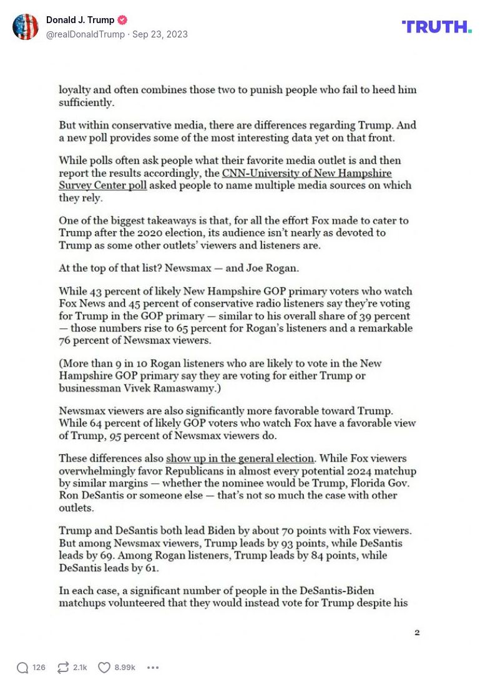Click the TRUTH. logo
(436, 26)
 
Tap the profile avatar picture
(26, 27)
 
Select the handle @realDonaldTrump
(86, 34)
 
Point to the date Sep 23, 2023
(160, 34)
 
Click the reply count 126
(39, 668)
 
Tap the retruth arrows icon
(62, 668)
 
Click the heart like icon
(104, 668)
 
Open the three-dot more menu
(153, 668)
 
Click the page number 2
(417, 633)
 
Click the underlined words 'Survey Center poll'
(103, 185)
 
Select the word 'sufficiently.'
(86, 102)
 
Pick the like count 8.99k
(125, 668)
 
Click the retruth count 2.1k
(80, 668)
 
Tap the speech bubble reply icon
(22, 668)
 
